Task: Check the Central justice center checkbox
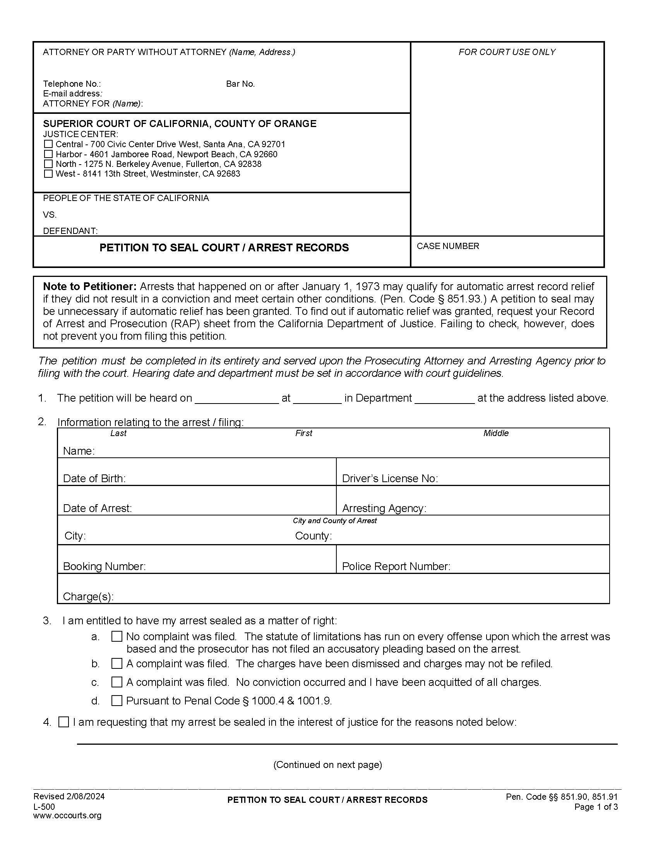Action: click(48, 144)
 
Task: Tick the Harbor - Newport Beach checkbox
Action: click(48, 154)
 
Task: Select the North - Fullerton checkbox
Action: click(48, 164)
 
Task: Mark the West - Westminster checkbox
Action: click(48, 173)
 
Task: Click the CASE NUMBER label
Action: click(447, 246)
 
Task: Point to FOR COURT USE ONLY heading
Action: click(507, 52)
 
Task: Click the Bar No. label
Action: click(240, 84)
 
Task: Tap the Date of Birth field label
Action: click(94, 479)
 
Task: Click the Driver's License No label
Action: click(390, 479)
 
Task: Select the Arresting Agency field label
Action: click(384, 508)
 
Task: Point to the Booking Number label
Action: click(105, 567)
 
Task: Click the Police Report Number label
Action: click(396, 567)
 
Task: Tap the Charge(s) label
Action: click(89, 596)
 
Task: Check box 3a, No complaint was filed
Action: click(117, 637)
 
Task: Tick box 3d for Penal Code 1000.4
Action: click(117, 701)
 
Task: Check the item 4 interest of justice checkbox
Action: click(63, 722)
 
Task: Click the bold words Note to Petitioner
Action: click(90, 287)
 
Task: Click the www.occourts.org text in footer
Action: click(67, 815)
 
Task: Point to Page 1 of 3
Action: click(596, 807)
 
